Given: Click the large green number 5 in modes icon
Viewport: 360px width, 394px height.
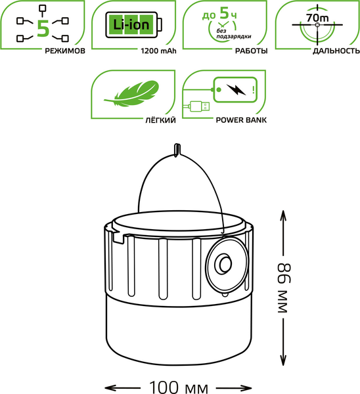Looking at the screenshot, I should [x=43, y=28].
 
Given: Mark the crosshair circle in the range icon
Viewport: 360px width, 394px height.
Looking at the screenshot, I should [x=318, y=26].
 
